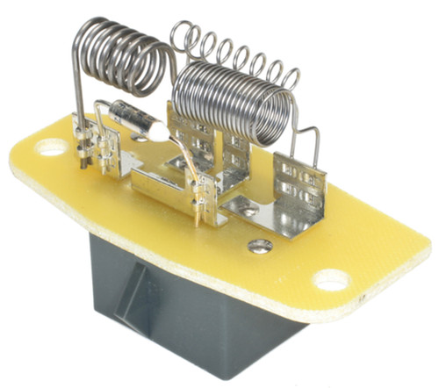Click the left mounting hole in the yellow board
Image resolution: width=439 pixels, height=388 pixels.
52,148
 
